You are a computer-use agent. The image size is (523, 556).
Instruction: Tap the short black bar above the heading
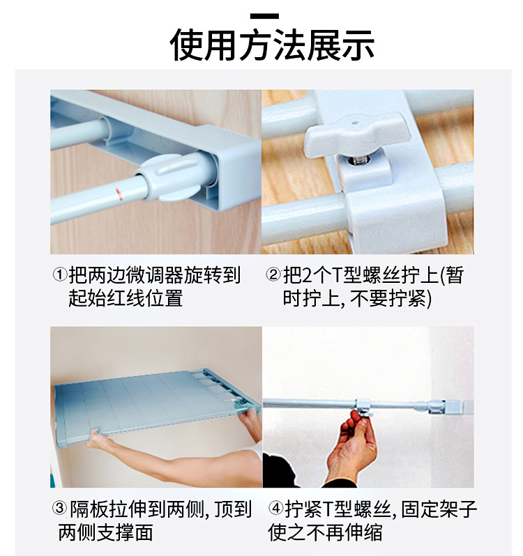coord(263,15)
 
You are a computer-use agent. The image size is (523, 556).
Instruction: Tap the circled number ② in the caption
coord(273,276)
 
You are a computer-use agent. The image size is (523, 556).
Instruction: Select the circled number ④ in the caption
coord(274,511)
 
